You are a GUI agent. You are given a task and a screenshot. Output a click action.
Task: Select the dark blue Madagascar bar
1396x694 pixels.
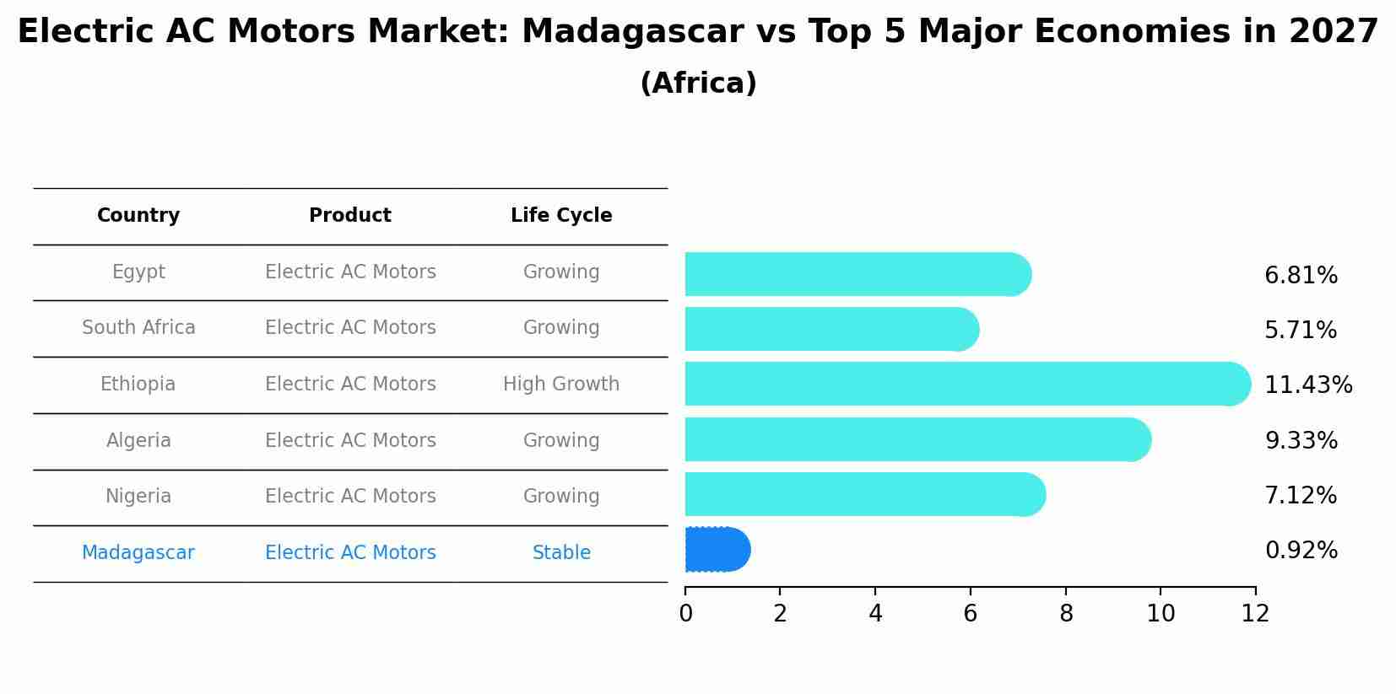pos(716,550)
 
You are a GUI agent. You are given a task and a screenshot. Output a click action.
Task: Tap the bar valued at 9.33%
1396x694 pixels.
pos(916,439)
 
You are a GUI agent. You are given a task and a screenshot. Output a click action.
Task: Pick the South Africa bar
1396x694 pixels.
pos(831,329)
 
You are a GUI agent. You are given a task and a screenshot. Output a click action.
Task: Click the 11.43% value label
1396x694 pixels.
pos(1307,385)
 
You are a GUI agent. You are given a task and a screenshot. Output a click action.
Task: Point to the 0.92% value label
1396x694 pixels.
pos(1301,551)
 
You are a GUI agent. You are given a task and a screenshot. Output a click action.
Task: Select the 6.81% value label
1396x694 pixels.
pos(1301,276)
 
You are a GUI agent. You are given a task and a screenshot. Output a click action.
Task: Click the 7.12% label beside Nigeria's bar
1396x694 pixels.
pos(1300,496)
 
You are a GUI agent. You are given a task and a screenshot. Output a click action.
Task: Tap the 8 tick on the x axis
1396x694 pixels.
pos(1066,614)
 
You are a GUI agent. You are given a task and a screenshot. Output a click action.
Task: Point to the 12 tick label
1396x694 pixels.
pos(1255,614)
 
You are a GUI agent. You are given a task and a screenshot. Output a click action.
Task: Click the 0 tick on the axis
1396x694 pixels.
pos(685,614)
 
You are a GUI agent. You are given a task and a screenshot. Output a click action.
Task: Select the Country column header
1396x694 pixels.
pos(138,216)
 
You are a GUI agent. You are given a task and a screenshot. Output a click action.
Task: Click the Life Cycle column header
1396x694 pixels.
pos(561,216)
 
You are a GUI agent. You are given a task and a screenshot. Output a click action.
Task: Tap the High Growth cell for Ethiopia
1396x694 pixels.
pos(561,385)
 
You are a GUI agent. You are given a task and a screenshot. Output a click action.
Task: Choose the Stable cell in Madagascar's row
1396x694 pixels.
pos(561,553)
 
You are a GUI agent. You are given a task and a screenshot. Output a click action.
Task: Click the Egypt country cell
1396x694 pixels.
pos(138,272)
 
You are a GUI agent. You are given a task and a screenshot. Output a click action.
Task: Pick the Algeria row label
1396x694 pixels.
pos(138,441)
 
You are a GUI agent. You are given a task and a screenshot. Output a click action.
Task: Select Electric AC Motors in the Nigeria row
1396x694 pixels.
pos(350,497)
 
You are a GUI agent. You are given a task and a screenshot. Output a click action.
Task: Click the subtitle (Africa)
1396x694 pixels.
pos(698,83)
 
